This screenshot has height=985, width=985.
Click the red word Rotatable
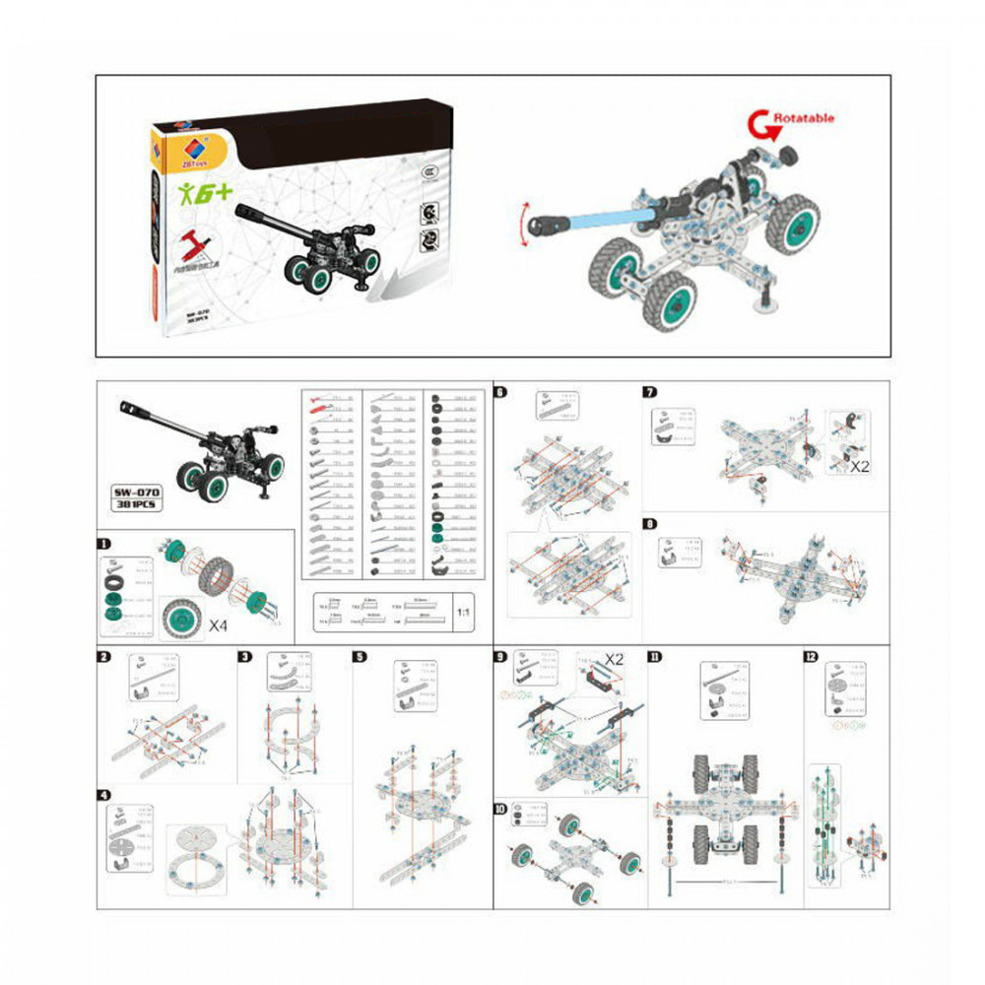pyautogui.click(x=804, y=118)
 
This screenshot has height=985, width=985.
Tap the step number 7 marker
pyautogui.click(x=649, y=392)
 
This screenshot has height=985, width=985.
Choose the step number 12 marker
pyautogui.click(x=812, y=657)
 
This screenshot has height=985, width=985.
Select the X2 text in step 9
pyautogui.click(x=616, y=657)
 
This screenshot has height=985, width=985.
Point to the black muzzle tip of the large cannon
pyautogui.click(x=541, y=229)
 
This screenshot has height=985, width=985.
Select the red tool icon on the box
pyautogui.click(x=198, y=242)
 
